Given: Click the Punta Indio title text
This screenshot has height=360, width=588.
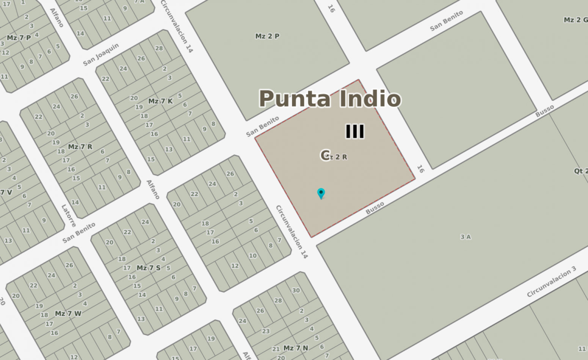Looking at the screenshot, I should [x=329, y=99].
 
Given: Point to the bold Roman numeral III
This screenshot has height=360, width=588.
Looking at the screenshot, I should [x=355, y=131].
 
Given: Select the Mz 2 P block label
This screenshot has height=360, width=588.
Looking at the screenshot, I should [x=267, y=36].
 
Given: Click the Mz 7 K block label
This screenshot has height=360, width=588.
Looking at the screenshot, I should [x=160, y=101].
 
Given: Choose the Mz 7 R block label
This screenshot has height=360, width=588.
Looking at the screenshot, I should [x=80, y=147].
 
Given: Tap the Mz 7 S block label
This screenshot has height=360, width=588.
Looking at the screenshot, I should [x=149, y=268].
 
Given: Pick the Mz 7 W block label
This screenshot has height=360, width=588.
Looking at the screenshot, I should [x=68, y=313].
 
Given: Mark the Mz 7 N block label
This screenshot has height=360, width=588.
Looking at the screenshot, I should [x=296, y=348].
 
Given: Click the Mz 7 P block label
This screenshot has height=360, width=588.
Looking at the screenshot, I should [x=19, y=38].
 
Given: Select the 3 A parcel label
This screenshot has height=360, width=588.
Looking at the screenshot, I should [x=466, y=237].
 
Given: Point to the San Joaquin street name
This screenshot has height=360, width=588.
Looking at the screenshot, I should [x=101, y=55].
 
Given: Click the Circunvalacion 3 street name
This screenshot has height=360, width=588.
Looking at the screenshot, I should [x=551, y=282].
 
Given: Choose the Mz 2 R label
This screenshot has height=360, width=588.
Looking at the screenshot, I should [x=337, y=157].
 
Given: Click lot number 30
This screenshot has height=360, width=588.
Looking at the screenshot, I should [x=296, y=290].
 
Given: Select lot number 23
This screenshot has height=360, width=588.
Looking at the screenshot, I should [x=266, y=331].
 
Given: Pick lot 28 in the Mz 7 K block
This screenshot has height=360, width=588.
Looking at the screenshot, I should [x=159, y=48].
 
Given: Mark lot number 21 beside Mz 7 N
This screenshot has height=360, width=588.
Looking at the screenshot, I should [x=276, y=349].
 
